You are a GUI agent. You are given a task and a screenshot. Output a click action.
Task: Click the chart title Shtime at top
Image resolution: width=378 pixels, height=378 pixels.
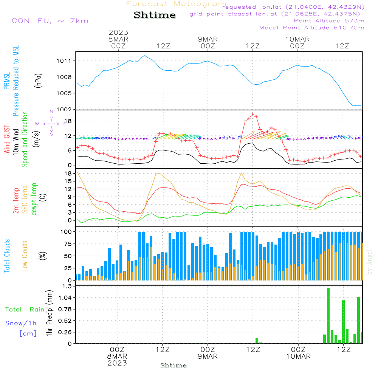click(155, 15)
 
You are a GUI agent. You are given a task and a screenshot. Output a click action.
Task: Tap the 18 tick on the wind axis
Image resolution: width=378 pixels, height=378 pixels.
click(70, 121)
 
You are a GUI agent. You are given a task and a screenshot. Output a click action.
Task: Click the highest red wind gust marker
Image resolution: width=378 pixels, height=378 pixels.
click(253, 114)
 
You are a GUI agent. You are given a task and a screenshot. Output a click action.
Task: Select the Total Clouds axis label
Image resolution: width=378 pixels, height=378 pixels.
click(7, 256)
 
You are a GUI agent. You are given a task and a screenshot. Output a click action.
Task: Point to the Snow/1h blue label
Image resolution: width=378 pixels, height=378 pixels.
click(21, 323)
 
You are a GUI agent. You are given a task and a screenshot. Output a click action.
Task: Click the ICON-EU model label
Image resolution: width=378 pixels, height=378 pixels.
click(48, 21)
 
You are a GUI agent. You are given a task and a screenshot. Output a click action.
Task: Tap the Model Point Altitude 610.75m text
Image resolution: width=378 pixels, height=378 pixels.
click(312, 28)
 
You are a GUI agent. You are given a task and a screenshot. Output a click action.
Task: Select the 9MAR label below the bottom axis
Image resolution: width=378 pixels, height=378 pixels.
click(208, 356)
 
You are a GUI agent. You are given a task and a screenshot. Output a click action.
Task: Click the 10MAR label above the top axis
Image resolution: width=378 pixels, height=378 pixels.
click(297, 39)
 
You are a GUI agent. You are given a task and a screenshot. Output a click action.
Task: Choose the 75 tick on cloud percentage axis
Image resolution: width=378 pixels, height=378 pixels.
click(67, 244)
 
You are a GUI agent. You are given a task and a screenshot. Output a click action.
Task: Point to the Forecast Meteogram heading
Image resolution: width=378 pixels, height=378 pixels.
click(176, 4)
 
